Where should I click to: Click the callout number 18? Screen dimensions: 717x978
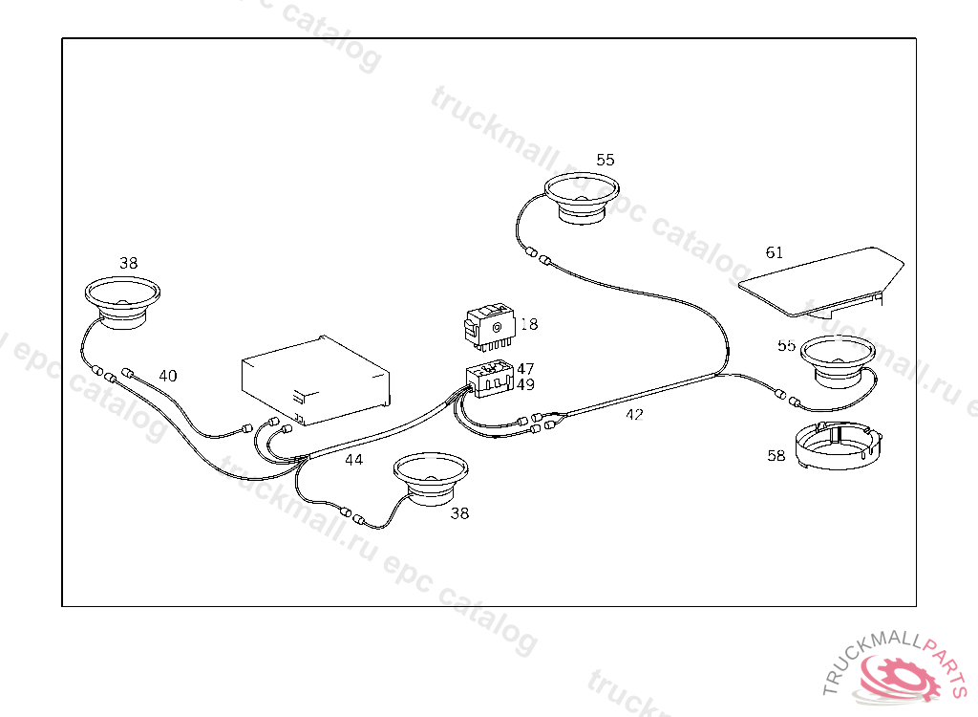tap(529, 325)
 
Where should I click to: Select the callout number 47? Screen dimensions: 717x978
tap(525, 368)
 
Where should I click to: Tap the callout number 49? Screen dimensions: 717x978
tap(525, 384)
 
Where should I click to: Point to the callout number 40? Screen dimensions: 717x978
tap(168, 376)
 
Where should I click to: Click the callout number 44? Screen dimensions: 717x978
tap(353, 460)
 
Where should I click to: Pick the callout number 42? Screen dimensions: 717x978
tap(634, 415)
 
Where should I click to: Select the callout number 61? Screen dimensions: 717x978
tap(775, 253)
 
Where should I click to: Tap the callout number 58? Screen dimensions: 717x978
tap(776, 456)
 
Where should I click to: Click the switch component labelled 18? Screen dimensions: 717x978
tap(489, 325)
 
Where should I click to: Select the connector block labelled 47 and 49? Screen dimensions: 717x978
tap(489, 380)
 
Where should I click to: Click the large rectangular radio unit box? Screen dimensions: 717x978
tap(315, 380)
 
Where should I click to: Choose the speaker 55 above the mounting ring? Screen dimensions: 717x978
tap(837, 361)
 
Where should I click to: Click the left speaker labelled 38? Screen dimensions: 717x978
tap(122, 302)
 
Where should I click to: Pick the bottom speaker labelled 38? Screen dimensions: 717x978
tap(432, 477)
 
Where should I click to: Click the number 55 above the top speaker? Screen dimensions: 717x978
tap(606, 160)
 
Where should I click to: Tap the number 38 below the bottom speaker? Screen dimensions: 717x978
tap(459, 513)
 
